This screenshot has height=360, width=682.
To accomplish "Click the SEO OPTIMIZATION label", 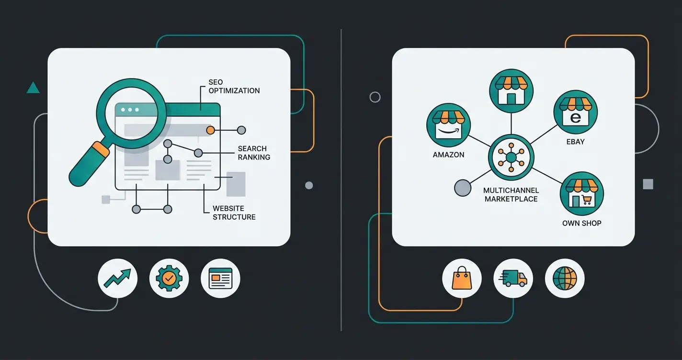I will [x=234, y=87].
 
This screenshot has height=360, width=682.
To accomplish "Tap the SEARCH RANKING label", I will [x=254, y=153].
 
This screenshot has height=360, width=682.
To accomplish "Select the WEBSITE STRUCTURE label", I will [x=234, y=213].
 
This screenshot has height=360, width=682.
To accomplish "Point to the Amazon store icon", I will [x=448, y=125].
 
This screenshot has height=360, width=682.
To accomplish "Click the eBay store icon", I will [x=575, y=112].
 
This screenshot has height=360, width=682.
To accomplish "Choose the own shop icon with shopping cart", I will [x=581, y=194].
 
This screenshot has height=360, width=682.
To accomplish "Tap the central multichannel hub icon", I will [x=511, y=157].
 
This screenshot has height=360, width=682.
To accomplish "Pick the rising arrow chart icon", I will [x=117, y=278].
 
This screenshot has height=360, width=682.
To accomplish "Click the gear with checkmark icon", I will [x=169, y=278].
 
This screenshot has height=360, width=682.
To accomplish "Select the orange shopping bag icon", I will [x=461, y=278].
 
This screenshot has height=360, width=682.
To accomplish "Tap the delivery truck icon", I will [x=513, y=278].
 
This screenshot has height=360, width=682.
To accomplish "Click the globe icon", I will [x=565, y=278].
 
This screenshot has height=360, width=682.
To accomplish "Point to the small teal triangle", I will [x=33, y=88].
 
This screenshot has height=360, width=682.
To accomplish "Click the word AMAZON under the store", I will [x=448, y=155].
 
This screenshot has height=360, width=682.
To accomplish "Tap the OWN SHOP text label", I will [x=581, y=223].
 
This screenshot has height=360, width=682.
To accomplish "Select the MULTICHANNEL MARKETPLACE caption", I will [x=511, y=194].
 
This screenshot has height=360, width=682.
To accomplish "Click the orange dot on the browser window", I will [x=210, y=130].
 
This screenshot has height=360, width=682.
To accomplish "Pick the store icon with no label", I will [x=511, y=90].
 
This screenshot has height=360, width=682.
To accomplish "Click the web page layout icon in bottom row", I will [x=220, y=278].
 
